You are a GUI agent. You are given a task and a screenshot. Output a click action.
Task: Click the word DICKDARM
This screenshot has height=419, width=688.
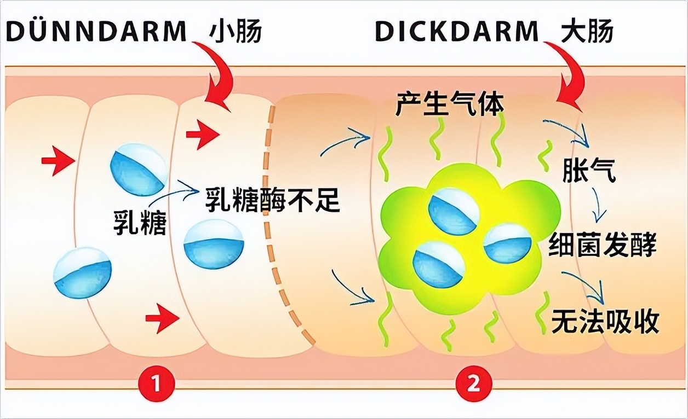457,32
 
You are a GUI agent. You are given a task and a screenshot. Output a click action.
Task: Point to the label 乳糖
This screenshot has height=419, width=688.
139,221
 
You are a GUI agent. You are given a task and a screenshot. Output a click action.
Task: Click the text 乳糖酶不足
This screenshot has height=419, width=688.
272,201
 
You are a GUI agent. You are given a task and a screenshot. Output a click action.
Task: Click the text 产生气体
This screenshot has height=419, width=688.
449,104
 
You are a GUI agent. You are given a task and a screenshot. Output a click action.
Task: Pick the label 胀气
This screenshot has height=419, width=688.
589,171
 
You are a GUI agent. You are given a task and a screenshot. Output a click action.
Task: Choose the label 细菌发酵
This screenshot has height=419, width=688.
602,245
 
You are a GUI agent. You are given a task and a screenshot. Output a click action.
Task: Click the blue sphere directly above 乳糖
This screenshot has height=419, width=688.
139,170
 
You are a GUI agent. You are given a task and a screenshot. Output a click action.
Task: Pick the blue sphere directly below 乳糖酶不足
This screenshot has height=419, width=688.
214,244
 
